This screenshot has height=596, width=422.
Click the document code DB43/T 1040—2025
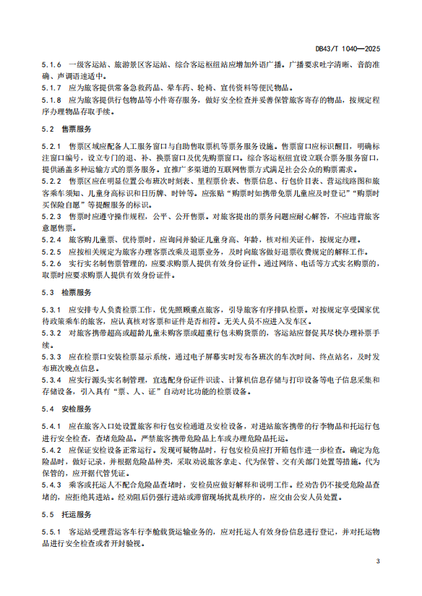click(348, 50)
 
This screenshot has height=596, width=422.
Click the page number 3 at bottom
click(377, 561)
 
